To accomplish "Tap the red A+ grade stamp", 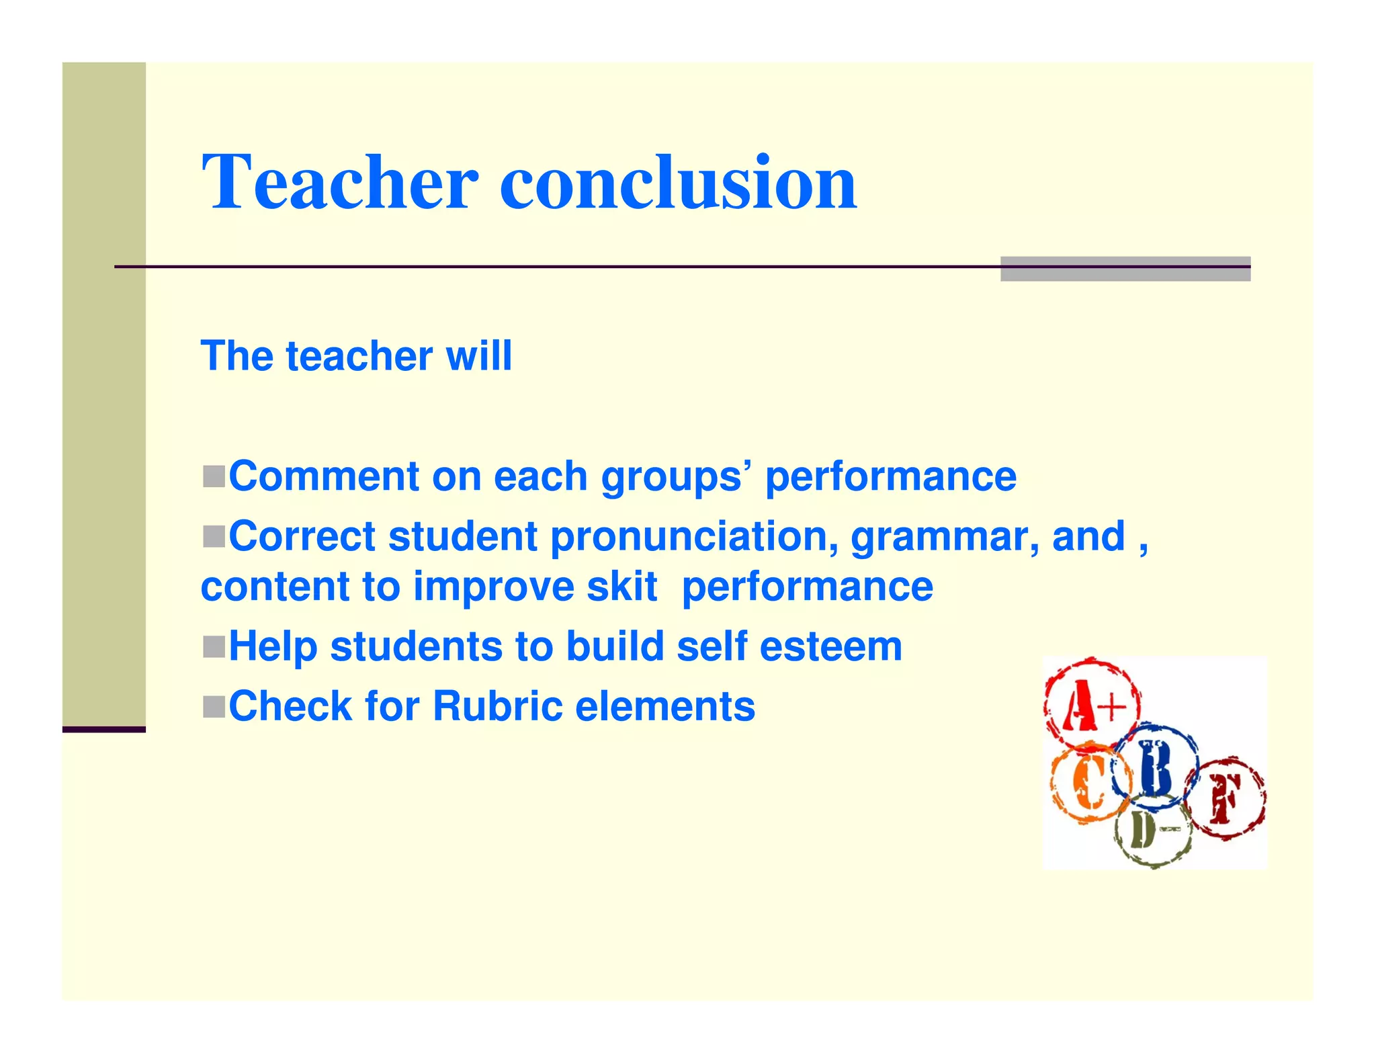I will click(1092, 704).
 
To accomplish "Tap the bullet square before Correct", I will click(214, 536).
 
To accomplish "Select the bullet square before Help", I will click(214, 646).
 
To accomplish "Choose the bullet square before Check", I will click(214, 706).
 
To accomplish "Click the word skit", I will click(621, 587).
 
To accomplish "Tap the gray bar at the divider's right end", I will click(1125, 268).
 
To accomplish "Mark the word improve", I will click(494, 588).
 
